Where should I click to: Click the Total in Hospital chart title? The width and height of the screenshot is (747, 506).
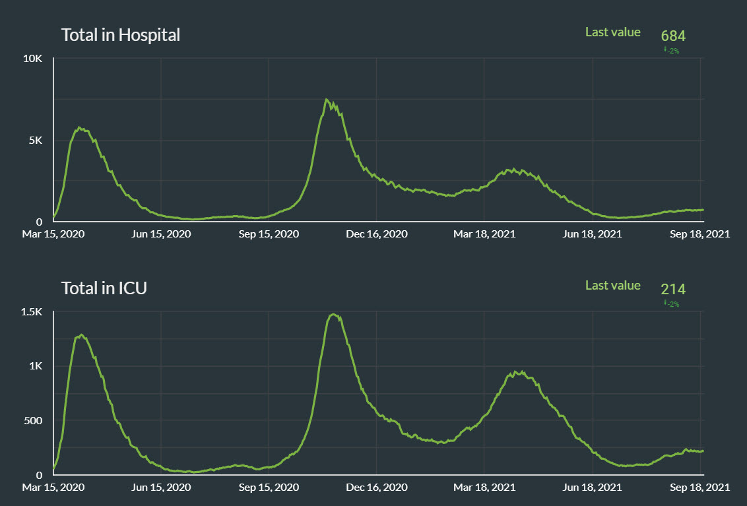(120, 35)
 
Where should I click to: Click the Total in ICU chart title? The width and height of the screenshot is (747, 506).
(104, 288)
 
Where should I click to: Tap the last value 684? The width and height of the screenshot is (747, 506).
(673, 36)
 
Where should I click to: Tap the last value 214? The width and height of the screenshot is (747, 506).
(673, 289)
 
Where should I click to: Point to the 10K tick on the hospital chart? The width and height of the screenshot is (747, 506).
(33, 59)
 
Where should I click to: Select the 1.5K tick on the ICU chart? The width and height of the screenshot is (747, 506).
(32, 312)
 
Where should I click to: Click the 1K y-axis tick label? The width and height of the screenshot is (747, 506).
(36, 366)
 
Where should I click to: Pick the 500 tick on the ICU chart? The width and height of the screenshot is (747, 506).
(34, 420)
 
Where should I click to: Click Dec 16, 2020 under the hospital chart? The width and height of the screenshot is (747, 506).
(377, 234)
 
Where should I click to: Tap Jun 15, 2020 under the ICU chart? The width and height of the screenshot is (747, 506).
(161, 488)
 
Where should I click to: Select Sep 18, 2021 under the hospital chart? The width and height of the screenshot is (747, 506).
(699, 234)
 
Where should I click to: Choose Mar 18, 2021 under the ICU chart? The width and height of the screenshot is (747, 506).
(484, 488)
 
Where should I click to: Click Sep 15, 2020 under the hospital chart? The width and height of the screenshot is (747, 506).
(269, 234)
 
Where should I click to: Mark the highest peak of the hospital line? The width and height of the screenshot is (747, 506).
(327, 100)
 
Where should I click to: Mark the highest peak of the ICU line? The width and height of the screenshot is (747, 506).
(333, 314)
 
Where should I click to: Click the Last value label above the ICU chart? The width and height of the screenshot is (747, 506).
(612, 285)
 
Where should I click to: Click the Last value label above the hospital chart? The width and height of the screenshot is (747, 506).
(612, 32)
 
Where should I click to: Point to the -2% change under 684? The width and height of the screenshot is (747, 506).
(672, 51)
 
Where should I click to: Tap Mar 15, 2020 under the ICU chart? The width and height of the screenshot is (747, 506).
(53, 488)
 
